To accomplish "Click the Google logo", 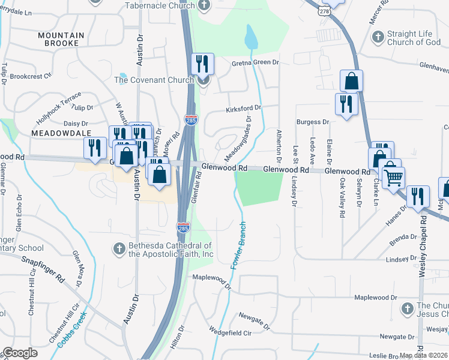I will click(20, 353).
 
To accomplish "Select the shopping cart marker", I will click(394, 176).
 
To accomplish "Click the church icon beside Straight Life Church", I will click(378, 37).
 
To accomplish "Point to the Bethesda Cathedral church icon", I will click(118, 248).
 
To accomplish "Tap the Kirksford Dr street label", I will click(244, 109).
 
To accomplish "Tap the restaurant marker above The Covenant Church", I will click(202, 64).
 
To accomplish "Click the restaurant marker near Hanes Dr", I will click(417, 196).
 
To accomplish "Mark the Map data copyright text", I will click(424, 355).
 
